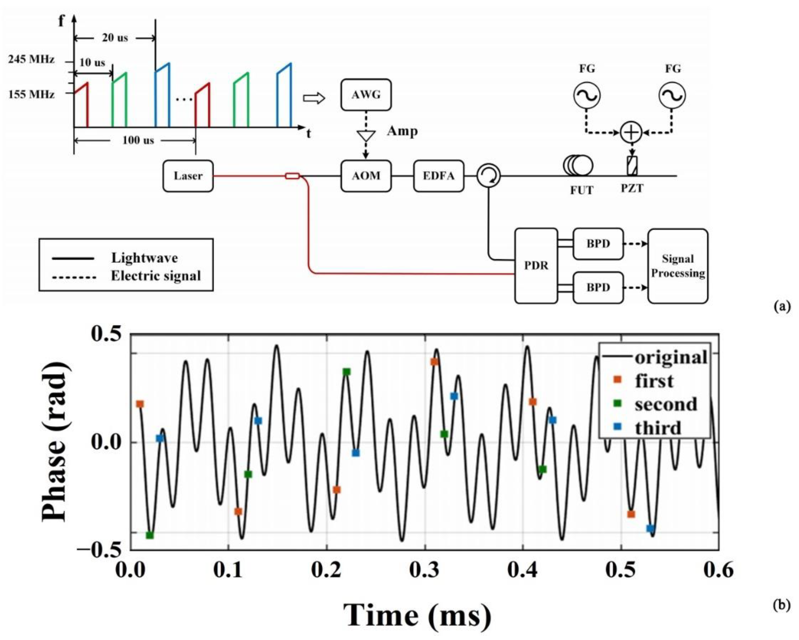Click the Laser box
click(x=188, y=176)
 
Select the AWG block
click(x=366, y=95)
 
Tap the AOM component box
click(x=366, y=176)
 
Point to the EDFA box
click(x=438, y=176)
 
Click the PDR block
click(x=536, y=266)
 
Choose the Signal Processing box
click(x=678, y=266)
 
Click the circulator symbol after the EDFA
click(x=488, y=176)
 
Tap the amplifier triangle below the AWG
click(x=366, y=136)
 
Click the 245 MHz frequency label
click(x=31, y=59)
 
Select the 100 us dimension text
click(x=138, y=140)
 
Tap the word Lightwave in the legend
click(x=145, y=258)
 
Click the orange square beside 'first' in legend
click(x=617, y=380)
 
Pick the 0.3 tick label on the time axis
click(x=425, y=570)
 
